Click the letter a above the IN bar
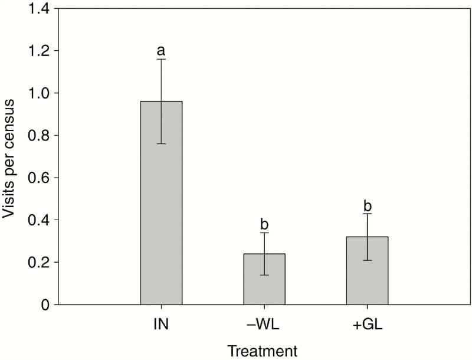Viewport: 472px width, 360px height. (161, 50)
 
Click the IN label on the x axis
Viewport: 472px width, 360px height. (160, 324)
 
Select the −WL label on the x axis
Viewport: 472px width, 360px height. (264, 324)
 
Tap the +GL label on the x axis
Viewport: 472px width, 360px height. (367, 324)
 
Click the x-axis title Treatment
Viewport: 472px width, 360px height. (264, 351)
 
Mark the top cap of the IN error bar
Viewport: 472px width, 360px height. (161, 59)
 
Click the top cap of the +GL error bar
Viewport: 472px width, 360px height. (367, 214)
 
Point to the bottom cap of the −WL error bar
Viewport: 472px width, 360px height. (264, 275)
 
